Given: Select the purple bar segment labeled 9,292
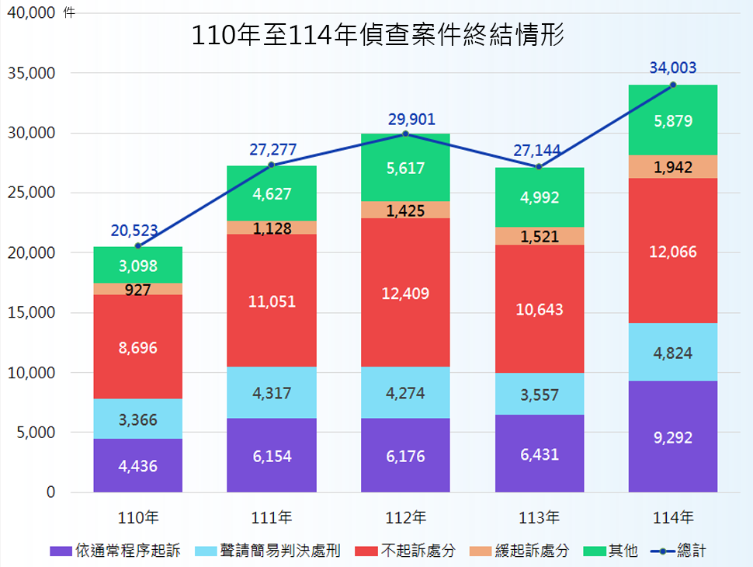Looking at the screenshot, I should [x=672, y=437].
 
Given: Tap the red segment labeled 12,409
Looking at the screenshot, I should [x=405, y=293].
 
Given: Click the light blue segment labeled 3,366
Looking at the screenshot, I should [x=138, y=419].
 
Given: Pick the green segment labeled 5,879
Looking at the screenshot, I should [x=672, y=120].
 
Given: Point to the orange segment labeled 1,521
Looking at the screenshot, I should [x=539, y=236].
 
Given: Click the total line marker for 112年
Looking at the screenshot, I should [x=405, y=134].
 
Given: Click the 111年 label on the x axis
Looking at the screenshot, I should [x=272, y=517].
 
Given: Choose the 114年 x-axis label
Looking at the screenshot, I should [x=672, y=517].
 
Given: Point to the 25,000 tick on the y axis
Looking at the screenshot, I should [x=33, y=193].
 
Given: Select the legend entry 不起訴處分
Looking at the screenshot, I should [x=418, y=551].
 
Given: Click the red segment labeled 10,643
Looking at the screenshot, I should [x=539, y=309].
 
